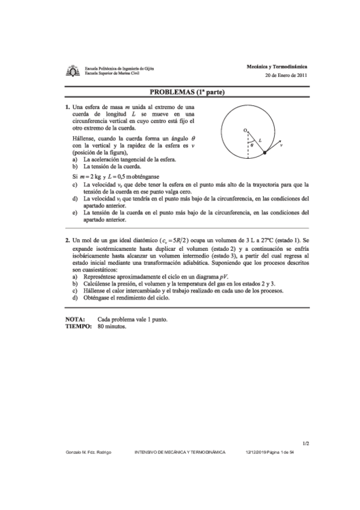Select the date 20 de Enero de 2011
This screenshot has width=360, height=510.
(285, 75)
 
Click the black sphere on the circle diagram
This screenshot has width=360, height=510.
(265, 155)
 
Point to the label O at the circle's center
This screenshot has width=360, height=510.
(244, 130)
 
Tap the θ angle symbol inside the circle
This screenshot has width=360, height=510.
(252, 144)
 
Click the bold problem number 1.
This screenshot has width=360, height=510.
(67, 107)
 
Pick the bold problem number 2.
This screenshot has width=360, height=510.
(67, 239)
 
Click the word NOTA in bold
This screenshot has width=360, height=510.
(75, 319)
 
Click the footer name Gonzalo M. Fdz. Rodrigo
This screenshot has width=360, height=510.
(85, 452)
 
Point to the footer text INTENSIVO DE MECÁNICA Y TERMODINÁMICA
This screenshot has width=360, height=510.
(180, 452)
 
